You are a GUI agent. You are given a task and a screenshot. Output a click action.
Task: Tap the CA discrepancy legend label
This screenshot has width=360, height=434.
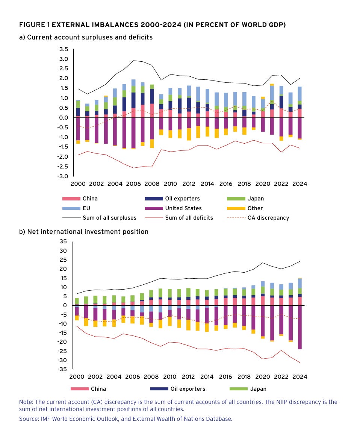pyautogui.click(x=268, y=217)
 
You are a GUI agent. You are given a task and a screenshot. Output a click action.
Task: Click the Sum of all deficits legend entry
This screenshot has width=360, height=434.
pyautogui.click(x=189, y=217)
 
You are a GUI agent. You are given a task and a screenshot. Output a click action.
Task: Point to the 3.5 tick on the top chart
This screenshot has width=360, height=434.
pyautogui.click(x=64, y=49)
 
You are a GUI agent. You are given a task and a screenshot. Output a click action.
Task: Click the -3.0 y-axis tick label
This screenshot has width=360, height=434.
pyautogui.click(x=62, y=176)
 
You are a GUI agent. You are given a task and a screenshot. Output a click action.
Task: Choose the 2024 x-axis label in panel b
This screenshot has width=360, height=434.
pyautogui.click(x=300, y=376)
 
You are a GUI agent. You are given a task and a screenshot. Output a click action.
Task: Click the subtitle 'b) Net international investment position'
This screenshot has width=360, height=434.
pyautogui.click(x=84, y=232)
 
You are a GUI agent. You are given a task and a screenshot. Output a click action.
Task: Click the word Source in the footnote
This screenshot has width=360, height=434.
pyautogui.click(x=29, y=418)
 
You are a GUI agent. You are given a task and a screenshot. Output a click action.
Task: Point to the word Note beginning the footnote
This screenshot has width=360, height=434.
pyautogui.click(x=26, y=402)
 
